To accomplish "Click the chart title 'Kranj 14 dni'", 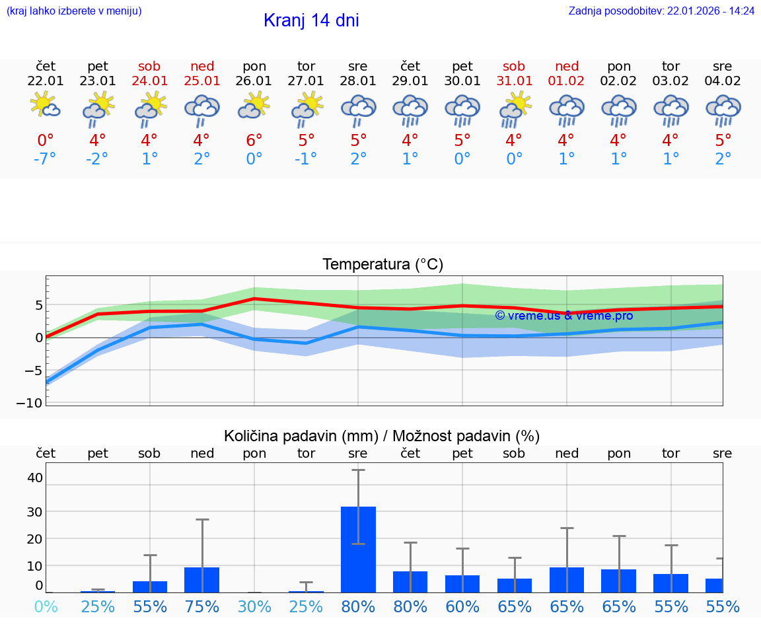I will tap(311, 20).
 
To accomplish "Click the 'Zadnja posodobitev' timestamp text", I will tap(661, 11).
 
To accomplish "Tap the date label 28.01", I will tap(358, 81).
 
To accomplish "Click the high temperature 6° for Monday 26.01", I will tap(254, 141).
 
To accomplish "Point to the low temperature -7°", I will tap(45, 159).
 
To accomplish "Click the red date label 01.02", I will tap(567, 81).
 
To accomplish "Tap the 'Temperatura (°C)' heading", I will tap(382, 265).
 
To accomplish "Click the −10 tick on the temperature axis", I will tap(33, 403).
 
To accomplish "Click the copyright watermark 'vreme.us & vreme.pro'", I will tap(563, 316).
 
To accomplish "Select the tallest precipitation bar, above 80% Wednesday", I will tap(358, 548).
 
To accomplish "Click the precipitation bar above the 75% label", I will tap(201, 579).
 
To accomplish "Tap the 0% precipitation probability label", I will tap(46, 606).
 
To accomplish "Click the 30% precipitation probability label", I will tap(254, 606).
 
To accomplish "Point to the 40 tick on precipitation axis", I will tap(34, 478).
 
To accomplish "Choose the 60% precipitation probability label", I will tap(462, 606).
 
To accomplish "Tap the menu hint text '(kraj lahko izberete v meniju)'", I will tap(74, 11).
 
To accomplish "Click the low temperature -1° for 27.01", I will tap(306, 159).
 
